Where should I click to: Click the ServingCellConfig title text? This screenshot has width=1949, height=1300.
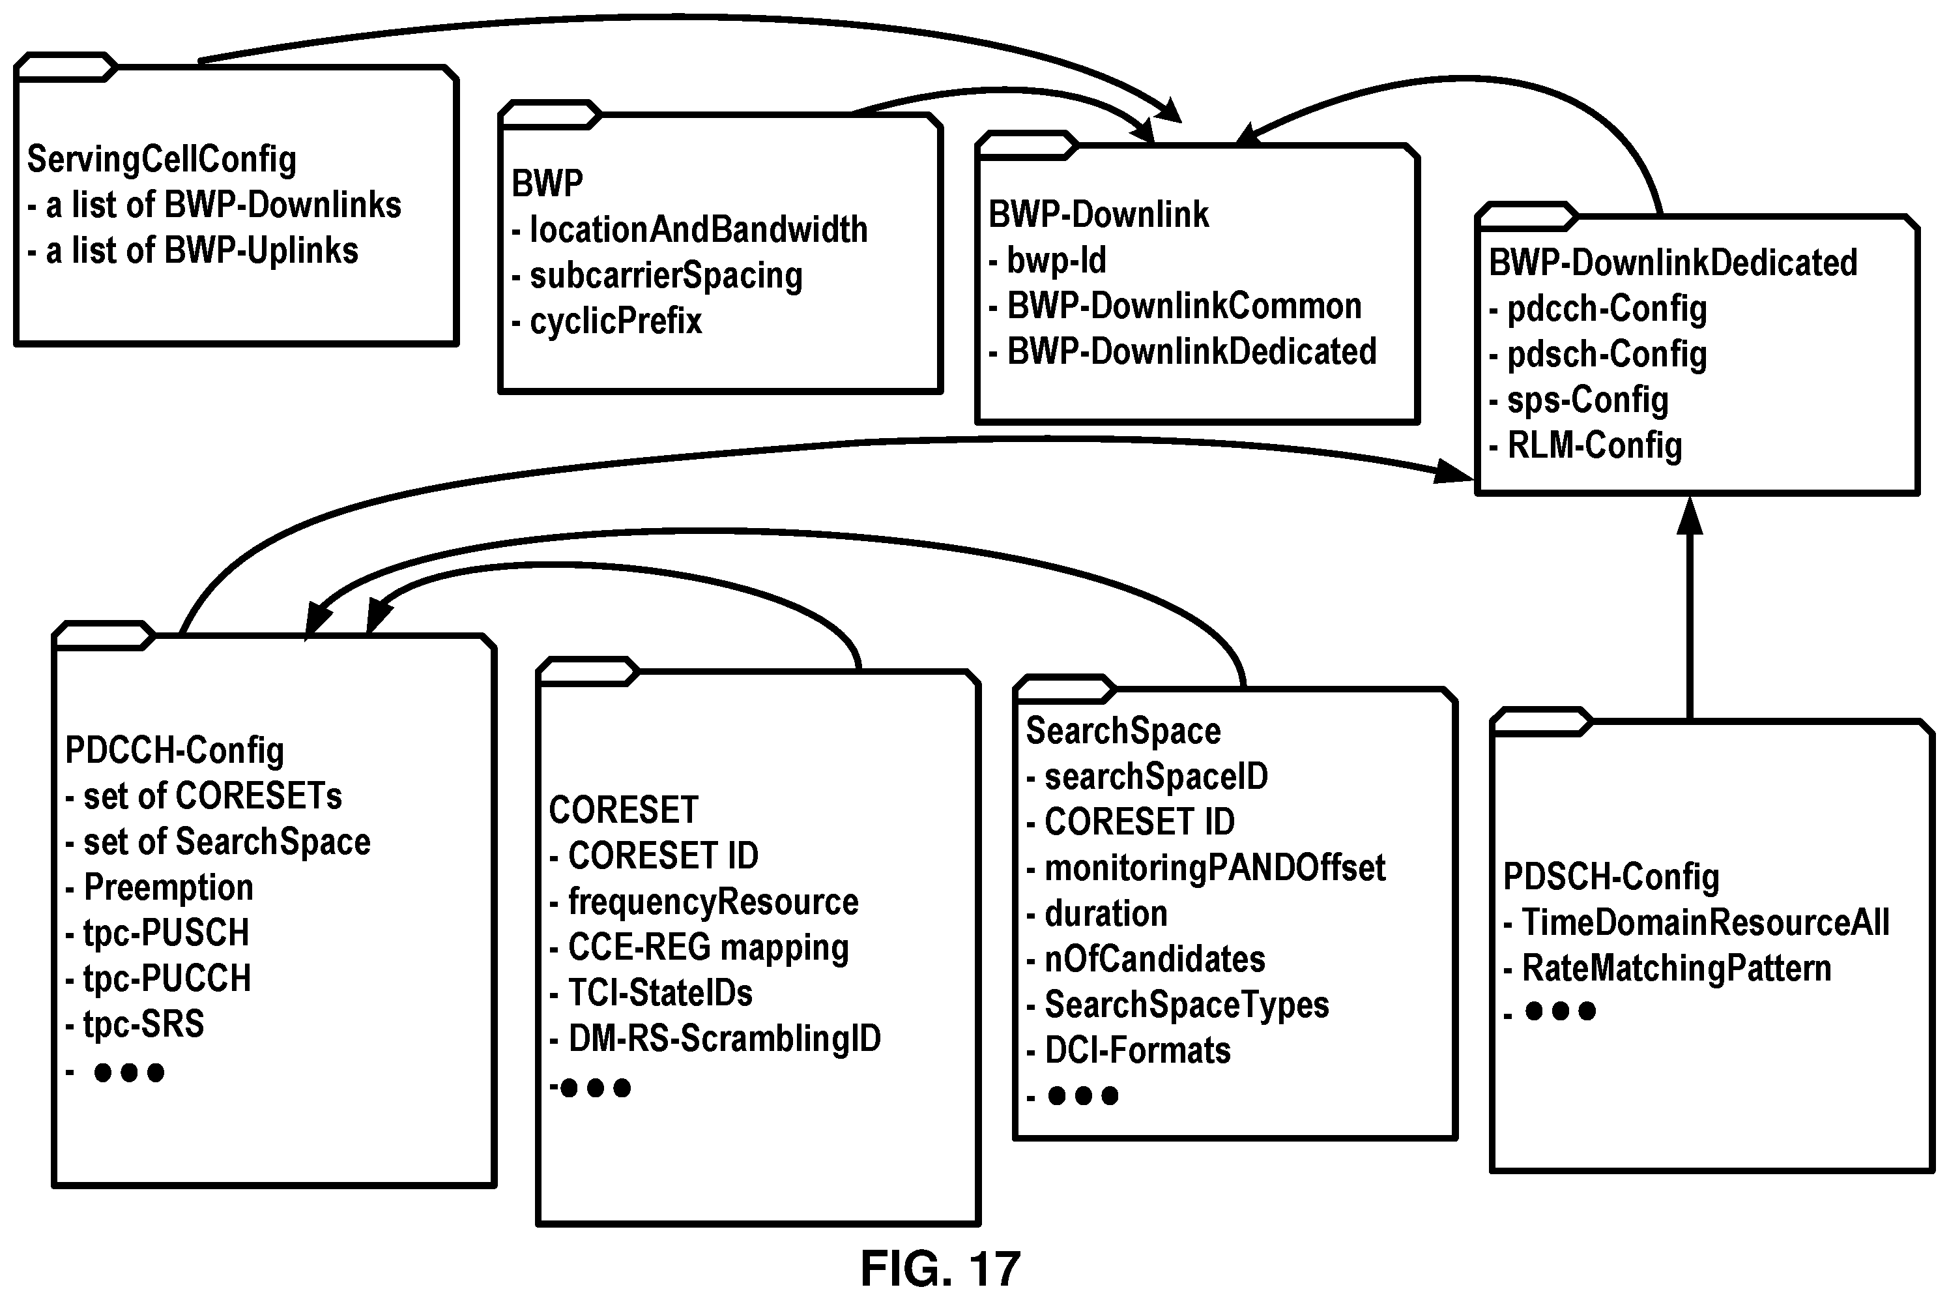tap(162, 159)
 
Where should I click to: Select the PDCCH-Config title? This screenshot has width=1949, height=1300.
tap(174, 750)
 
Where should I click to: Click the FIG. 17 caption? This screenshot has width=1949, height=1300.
tap(940, 1269)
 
